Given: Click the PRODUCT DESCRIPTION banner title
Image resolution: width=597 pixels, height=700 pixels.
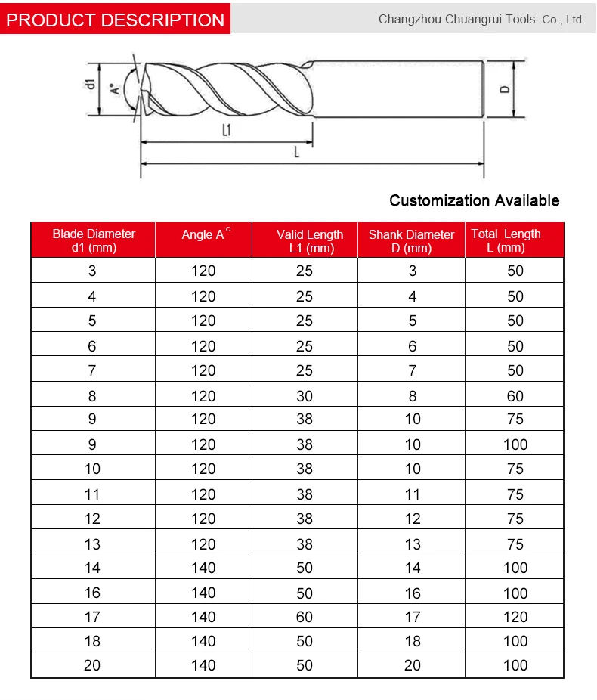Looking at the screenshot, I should pyautogui.click(x=115, y=20).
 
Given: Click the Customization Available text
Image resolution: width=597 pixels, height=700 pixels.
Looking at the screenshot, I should pyautogui.click(x=474, y=200).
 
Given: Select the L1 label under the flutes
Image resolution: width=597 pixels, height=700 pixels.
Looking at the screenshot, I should pyautogui.click(x=226, y=130).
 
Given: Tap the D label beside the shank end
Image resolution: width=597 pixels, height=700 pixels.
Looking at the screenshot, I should pyautogui.click(x=505, y=89).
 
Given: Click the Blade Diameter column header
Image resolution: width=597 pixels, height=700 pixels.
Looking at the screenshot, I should pyautogui.click(x=93, y=240).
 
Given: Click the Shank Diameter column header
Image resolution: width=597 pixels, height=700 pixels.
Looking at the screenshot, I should pyautogui.click(x=411, y=241).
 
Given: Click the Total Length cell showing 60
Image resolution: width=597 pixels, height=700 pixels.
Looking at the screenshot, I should pyautogui.click(x=515, y=395).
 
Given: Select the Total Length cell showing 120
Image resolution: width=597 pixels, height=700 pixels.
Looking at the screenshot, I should pyautogui.click(x=515, y=617).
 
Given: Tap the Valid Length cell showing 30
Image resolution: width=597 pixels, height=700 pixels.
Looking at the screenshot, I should pyautogui.click(x=304, y=395).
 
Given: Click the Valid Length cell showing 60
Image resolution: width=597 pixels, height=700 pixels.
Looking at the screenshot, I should pyautogui.click(x=304, y=617).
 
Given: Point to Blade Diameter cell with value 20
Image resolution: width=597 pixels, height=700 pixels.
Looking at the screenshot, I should pyautogui.click(x=92, y=665).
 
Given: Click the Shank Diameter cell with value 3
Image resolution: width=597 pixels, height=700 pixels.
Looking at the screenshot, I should pyautogui.click(x=412, y=271).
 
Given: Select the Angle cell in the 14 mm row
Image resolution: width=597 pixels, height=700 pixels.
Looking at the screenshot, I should pyautogui.click(x=203, y=568).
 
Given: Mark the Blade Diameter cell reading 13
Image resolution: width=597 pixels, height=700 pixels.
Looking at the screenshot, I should pyautogui.click(x=92, y=544).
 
